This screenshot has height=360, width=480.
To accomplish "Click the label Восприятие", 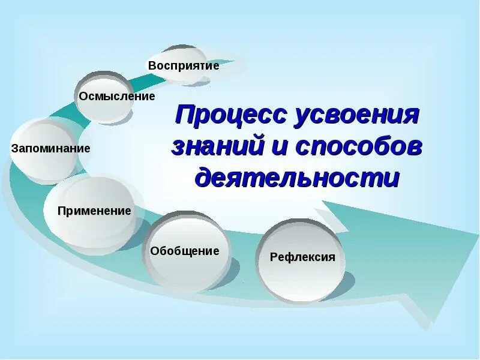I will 184,65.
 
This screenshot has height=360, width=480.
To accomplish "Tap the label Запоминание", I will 50,148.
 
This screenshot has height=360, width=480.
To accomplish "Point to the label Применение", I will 94,211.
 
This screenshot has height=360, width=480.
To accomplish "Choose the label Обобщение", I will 185,251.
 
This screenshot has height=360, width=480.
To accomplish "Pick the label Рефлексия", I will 302,257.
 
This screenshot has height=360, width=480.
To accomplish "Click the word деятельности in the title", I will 297,178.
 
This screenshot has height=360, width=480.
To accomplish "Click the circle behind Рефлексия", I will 301,282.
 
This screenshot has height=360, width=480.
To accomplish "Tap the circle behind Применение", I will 90,231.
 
